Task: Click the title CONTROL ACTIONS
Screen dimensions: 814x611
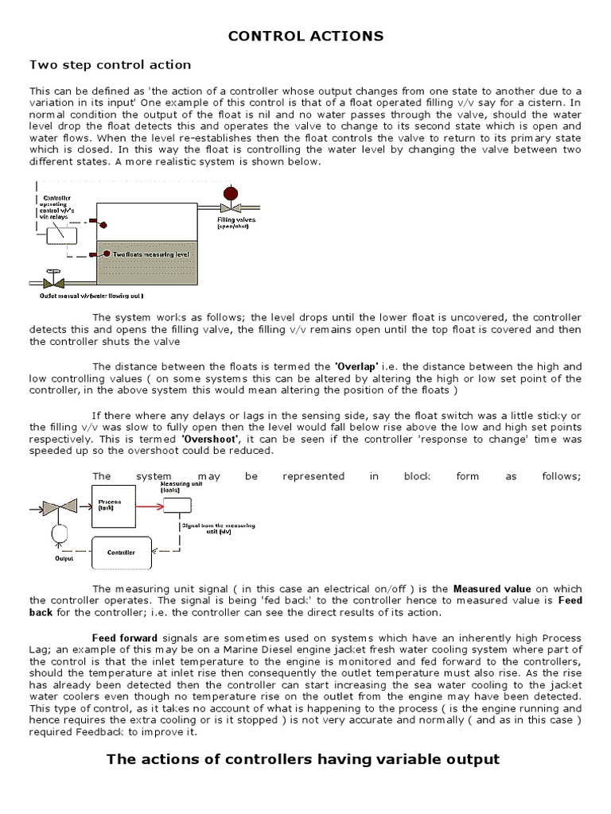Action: (305, 36)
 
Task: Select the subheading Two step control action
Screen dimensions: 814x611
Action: (110, 64)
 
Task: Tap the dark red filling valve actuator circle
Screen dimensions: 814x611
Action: (232, 194)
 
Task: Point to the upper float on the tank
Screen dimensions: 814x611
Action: (93, 220)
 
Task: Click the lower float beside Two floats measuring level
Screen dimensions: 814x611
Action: (95, 254)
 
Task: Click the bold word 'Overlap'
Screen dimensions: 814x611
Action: (356, 366)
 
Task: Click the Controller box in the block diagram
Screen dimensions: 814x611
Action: (121, 552)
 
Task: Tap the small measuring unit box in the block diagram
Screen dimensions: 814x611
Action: (176, 505)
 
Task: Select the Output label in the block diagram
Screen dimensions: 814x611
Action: (64, 558)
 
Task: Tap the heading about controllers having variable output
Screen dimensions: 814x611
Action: (303, 759)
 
